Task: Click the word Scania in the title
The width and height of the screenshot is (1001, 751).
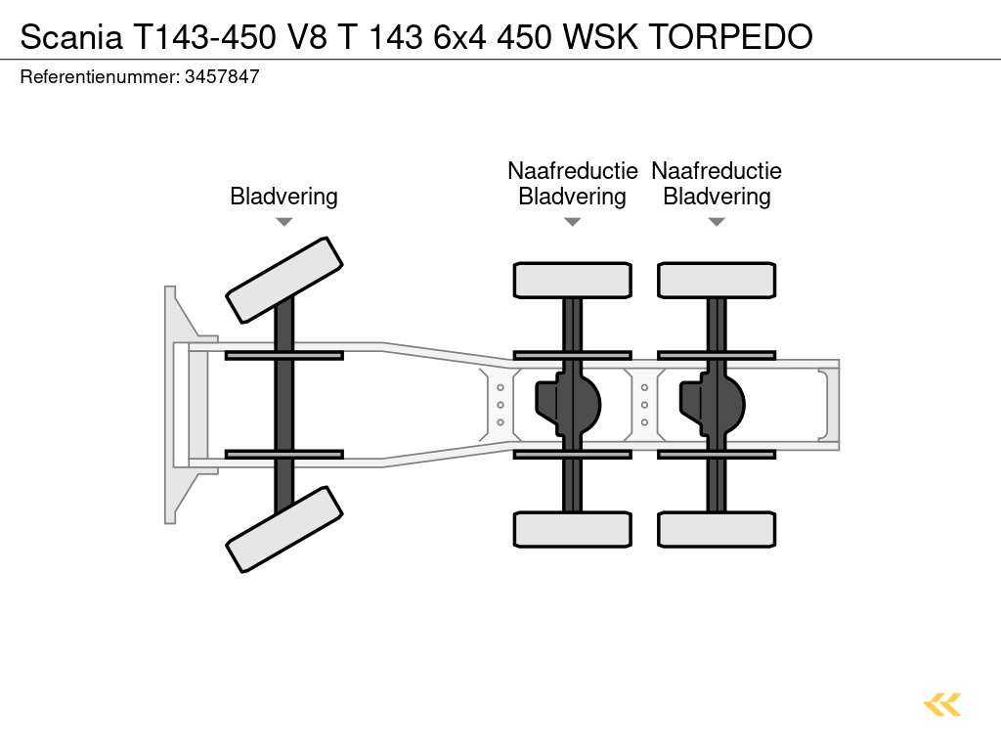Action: [71, 36]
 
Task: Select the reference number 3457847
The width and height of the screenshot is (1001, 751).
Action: [222, 77]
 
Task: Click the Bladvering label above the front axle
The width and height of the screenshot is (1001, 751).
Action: [283, 197]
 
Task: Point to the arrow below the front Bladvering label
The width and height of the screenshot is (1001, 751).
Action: [283, 222]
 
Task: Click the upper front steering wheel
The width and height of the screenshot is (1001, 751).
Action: [283, 279]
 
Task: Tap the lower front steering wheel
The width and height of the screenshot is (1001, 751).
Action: [283, 529]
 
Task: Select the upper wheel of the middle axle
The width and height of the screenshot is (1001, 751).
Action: [572, 280]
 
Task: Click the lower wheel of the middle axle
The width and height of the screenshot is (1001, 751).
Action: [572, 529]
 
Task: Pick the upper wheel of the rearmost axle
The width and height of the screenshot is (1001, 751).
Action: [717, 280]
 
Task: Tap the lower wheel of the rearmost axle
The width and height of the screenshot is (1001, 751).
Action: [717, 529]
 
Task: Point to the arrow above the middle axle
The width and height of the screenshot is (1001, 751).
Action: [572, 222]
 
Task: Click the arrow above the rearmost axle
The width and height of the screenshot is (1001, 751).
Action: [717, 222]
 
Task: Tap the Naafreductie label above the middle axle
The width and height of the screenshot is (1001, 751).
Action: [572, 171]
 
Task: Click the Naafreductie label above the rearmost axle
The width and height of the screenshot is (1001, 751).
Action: [717, 171]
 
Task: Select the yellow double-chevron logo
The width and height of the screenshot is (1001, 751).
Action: [941, 704]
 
